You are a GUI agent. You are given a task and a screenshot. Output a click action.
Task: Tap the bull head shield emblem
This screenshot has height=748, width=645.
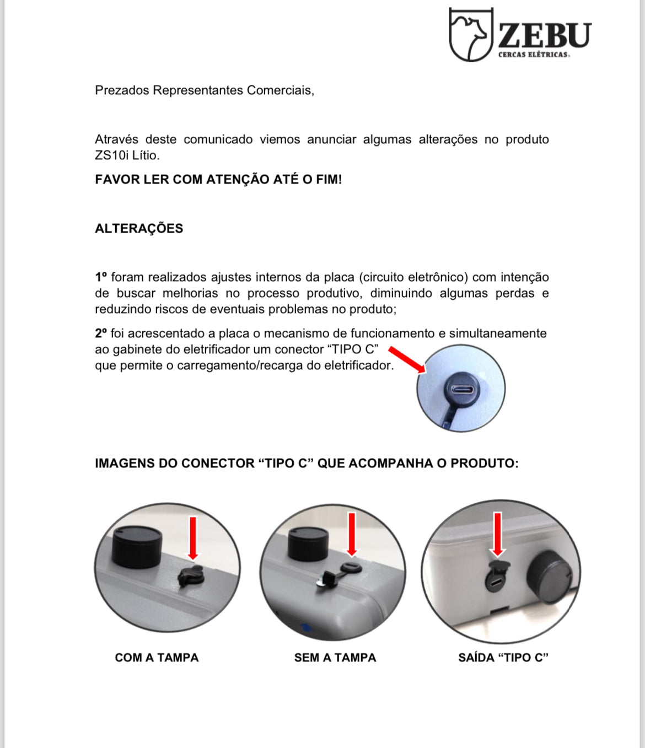[470, 34]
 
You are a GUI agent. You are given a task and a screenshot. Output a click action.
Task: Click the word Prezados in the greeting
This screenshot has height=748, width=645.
[122, 90]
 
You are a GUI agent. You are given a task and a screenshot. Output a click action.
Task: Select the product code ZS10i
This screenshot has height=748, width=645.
[111, 155]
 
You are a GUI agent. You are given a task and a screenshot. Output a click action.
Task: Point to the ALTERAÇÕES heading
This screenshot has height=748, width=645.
[139, 229]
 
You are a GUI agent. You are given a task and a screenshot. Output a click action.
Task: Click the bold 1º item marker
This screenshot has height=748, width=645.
[100, 277]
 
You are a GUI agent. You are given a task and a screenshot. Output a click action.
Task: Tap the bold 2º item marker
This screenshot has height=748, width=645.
[100, 333]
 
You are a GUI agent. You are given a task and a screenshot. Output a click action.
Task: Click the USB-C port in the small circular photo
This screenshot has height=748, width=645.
[462, 390]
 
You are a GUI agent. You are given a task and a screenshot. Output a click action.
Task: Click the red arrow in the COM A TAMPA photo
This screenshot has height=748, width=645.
[193, 538]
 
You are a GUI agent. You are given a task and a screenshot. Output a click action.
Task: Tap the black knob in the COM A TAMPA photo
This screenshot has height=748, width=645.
[137, 546]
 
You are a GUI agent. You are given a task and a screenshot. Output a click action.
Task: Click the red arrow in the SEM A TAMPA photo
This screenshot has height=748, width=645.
[352, 534]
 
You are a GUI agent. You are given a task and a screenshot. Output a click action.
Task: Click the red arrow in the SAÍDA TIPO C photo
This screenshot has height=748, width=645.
[497, 534]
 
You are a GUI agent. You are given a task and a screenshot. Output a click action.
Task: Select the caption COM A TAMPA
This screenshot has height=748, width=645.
[157, 658]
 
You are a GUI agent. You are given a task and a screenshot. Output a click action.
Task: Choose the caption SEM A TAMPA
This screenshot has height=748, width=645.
[335, 658]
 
